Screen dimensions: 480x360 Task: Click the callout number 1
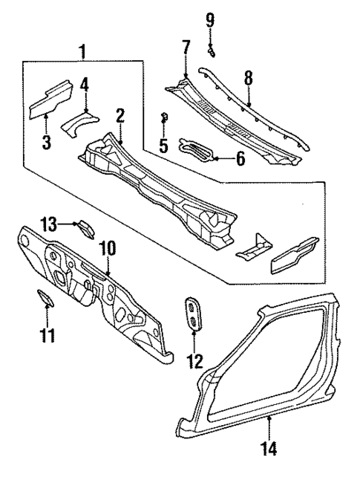coord(83,51)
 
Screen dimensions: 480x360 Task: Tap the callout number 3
coord(46,141)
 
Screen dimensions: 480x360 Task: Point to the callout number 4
coord(85,84)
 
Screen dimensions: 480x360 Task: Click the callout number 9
coord(210,19)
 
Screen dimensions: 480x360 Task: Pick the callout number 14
coord(269,448)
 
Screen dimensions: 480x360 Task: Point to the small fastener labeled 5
coord(165,116)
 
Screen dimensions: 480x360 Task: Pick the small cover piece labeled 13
coord(85,227)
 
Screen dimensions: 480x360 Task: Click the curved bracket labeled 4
coord(80,119)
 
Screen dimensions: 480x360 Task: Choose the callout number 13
coord(48,224)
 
